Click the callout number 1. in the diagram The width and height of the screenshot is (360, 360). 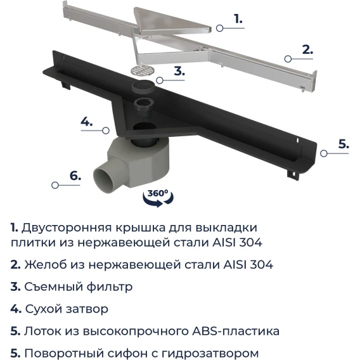pos(238,18)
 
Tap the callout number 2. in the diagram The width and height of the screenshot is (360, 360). pos(307,49)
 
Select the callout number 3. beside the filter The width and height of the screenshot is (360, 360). pos(179,71)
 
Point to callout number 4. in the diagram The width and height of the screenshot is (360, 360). pos(87,122)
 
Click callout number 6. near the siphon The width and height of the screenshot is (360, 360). pos(75,176)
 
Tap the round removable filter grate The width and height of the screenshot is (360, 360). pos(143,70)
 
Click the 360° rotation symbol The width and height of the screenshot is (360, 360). pos(158,198)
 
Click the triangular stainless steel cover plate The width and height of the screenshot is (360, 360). pos(172,22)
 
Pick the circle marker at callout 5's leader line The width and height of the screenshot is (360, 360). pos(324,153)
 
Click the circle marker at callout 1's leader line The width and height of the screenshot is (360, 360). pos(220,29)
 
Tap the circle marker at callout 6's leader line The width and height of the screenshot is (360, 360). pos(55,185)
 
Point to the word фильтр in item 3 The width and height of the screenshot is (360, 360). pos(110,287)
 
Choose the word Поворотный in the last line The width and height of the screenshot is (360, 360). pos(60,354)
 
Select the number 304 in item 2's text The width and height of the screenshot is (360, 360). pos(262,264)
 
